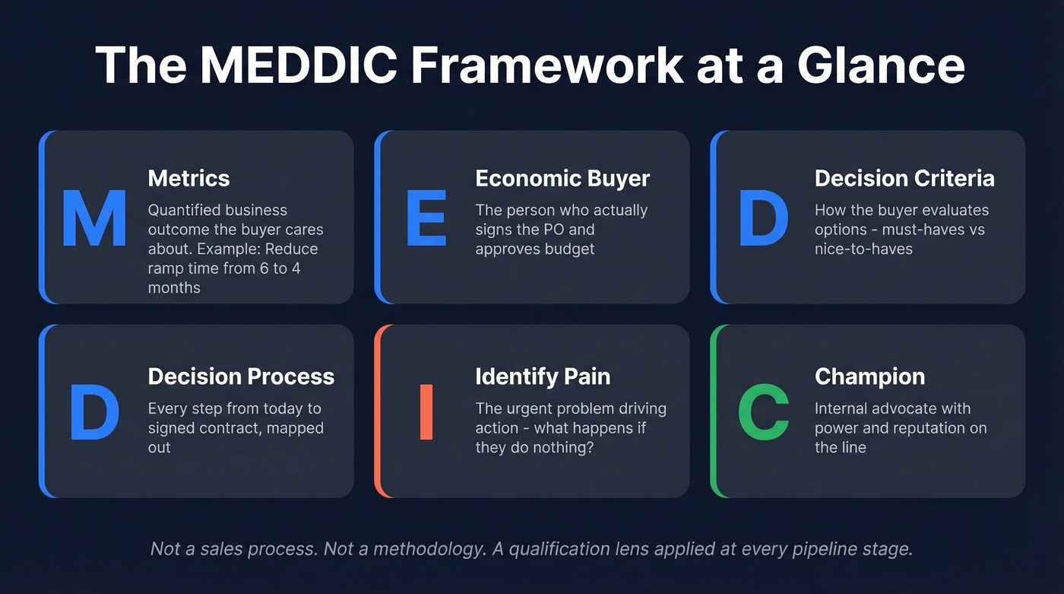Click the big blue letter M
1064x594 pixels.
[93, 218]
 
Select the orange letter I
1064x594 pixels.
[426, 412]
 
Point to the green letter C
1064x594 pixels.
[763, 412]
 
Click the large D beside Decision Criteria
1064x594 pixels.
[763, 218]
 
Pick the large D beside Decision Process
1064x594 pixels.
[94, 412]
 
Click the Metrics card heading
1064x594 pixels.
[188, 178]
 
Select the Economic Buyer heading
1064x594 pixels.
[562, 178]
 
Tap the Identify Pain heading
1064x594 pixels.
[543, 376]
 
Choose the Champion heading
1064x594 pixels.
[869, 376]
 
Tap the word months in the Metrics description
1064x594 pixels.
[174, 287]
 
